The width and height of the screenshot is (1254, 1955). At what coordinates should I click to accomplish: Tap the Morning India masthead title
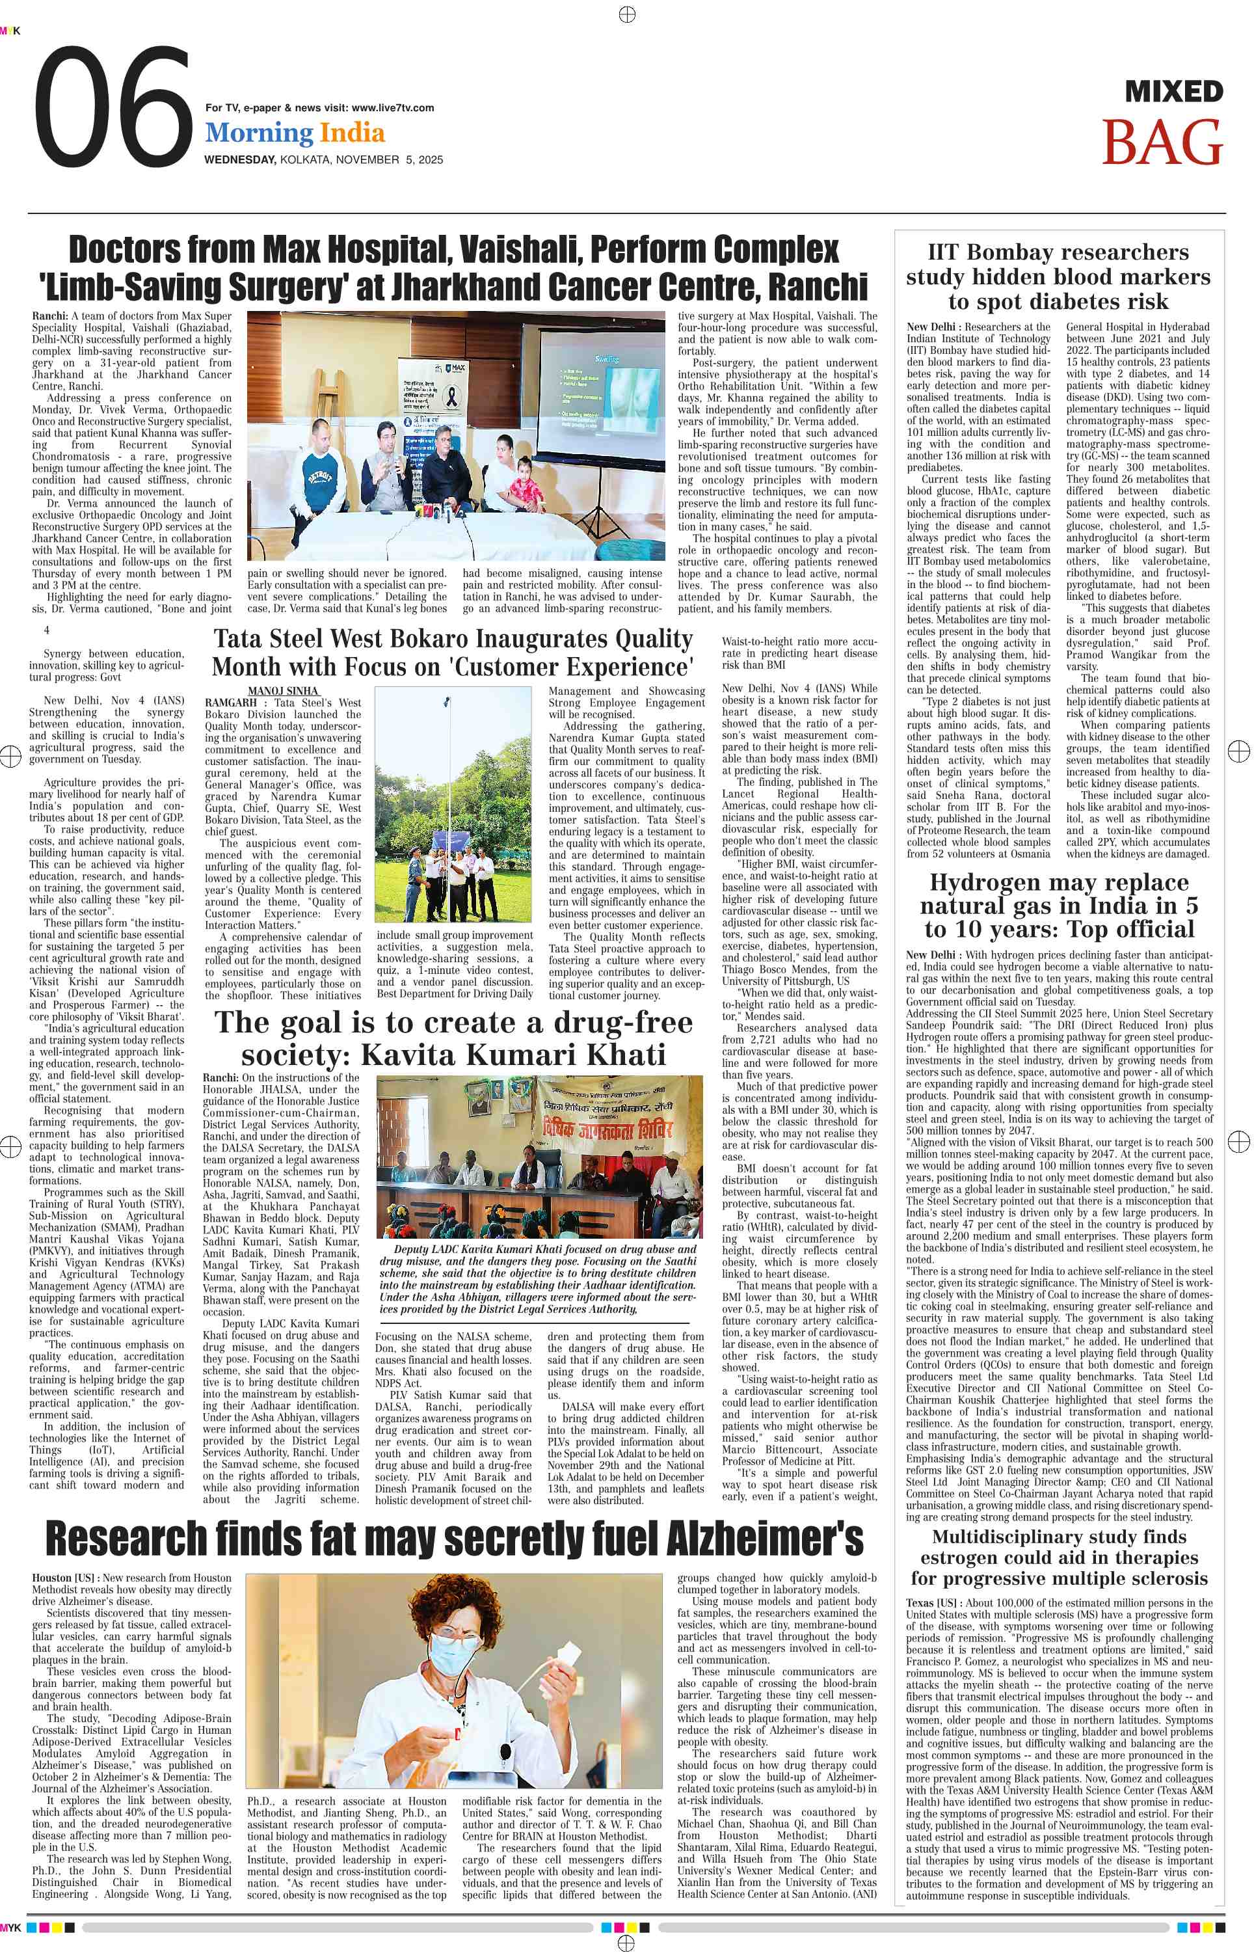(295, 133)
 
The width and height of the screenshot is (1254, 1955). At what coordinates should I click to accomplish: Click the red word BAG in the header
(1162, 143)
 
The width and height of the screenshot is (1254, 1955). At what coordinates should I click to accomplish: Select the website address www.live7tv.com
(392, 107)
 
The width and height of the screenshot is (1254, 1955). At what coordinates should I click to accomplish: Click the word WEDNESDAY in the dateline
(239, 159)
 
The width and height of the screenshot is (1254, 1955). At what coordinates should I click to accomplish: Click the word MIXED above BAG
(1173, 91)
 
